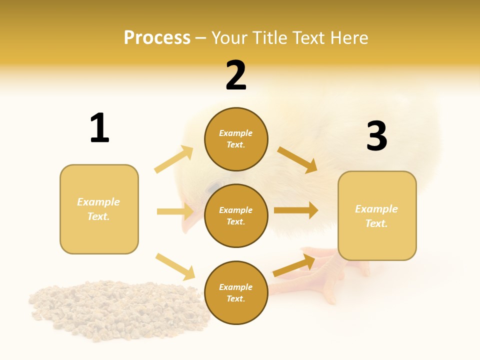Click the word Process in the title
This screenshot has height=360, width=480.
pos(157,38)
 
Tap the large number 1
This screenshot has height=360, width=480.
pos(99,128)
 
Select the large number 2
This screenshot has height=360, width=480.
pos(236,75)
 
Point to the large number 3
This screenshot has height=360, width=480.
pos(376,136)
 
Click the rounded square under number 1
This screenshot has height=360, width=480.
pos(99,209)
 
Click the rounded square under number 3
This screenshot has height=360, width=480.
pos(377,215)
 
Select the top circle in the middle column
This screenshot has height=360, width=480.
pos(236,139)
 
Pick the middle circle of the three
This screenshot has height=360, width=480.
pos(236,215)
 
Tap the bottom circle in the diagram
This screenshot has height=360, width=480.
pos(236,292)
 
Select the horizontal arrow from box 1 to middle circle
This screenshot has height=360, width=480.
pos(175,211)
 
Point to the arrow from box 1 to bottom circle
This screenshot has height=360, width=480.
pos(175,266)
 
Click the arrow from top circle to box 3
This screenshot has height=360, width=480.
pos(297,160)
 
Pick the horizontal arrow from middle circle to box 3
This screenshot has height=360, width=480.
pos(296,210)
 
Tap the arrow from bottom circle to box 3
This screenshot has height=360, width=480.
pos(294,265)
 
